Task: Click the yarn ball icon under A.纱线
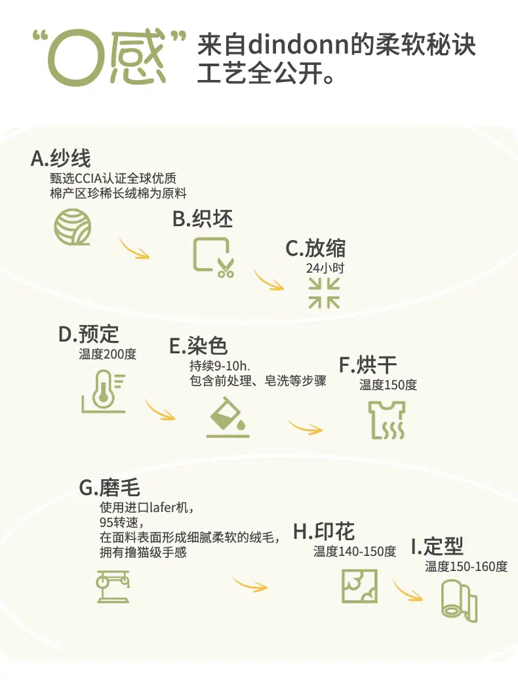pos(73,227)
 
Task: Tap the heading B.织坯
pos(203,219)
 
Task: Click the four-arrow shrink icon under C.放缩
pos(324,292)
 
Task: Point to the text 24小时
pos(325,268)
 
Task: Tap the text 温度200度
pos(108,355)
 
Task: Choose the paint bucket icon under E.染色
pos(228,418)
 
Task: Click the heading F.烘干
pos(368,365)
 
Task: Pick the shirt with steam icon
pos(385,420)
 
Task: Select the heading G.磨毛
pos(110,488)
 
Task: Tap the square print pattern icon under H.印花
pos(359,585)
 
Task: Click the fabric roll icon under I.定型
pos(458,600)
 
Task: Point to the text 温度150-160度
pos(466,566)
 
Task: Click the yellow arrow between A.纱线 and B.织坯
pos(134,248)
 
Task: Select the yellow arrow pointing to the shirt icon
pos(306,427)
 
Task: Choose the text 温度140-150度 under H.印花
pos(355,552)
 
